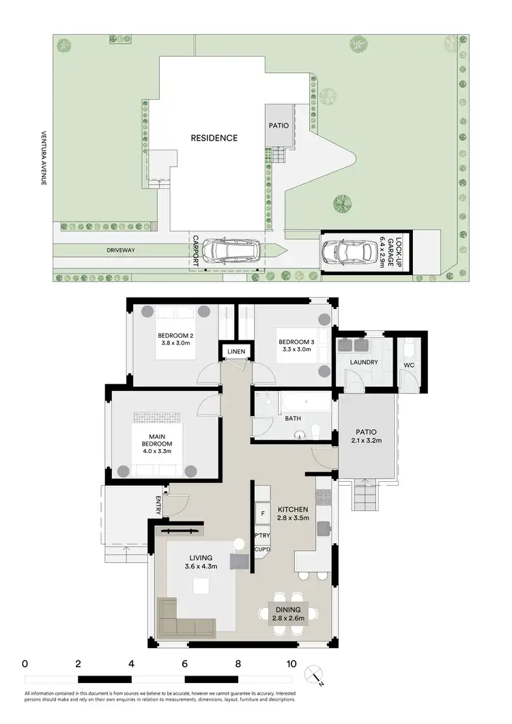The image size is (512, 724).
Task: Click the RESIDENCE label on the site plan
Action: [214, 138]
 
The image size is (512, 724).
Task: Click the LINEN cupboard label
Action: [236, 351]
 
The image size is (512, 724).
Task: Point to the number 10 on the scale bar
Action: [291, 663]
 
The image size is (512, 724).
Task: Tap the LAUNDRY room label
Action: [363, 362]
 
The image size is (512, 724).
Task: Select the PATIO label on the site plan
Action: [279, 126]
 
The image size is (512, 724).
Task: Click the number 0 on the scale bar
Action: [25, 663]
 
